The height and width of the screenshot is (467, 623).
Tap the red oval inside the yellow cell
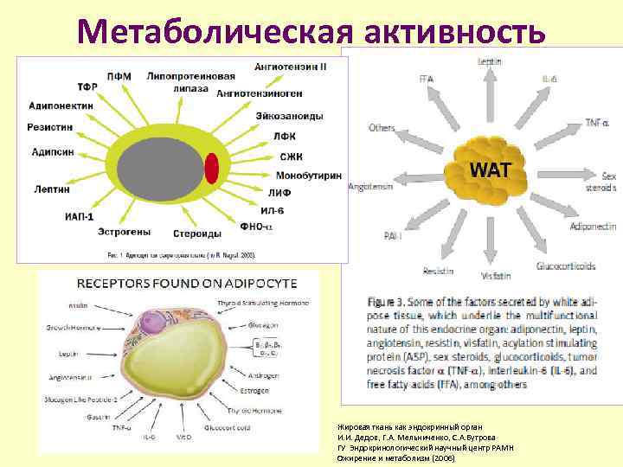click(x=212, y=167)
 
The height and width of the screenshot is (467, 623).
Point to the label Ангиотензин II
click(x=290, y=65)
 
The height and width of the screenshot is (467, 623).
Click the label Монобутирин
click(x=308, y=176)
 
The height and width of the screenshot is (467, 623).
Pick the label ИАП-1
click(x=79, y=216)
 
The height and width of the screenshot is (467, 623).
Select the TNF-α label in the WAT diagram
click(x=596, y=123)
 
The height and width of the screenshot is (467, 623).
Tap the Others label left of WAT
click(x=381, y=128)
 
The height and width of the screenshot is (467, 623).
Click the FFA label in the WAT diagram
click(x=426, y=80)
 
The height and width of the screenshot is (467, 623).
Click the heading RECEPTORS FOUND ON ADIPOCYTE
click(x=188, y=283)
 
